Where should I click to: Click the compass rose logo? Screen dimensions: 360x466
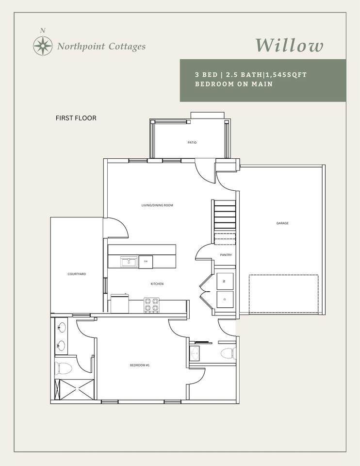click(x=43, y=46)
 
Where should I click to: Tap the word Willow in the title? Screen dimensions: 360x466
click(x=289, y=46)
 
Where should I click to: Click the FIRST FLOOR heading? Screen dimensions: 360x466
click(x=76, y=118)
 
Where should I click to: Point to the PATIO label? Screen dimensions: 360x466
click(x=192, y=143)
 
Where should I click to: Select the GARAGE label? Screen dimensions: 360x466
click(x=282, y=223)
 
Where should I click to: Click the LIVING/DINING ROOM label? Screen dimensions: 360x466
click(x=157, y=205)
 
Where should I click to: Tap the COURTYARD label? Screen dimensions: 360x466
click(x=77, y=274)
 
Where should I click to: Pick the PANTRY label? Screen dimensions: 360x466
click(x=226, y=255)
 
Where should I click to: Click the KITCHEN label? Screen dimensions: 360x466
click(x=157, y=284)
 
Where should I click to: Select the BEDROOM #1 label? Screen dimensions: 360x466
click(x=140, y=365)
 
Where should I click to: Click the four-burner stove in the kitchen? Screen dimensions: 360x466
click(x=151, y=305)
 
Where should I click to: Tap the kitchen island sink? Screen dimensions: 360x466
click(x=129, y=263)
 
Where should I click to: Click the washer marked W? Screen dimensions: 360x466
click(x=225, y=281)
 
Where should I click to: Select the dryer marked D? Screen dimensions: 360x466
click(x=225, y=300)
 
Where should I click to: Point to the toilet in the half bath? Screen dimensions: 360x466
click(x=229, y=353)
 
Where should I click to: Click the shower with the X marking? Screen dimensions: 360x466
click(x=74, y=389)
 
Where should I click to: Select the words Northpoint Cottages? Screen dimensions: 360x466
click(x=101, y=47)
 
